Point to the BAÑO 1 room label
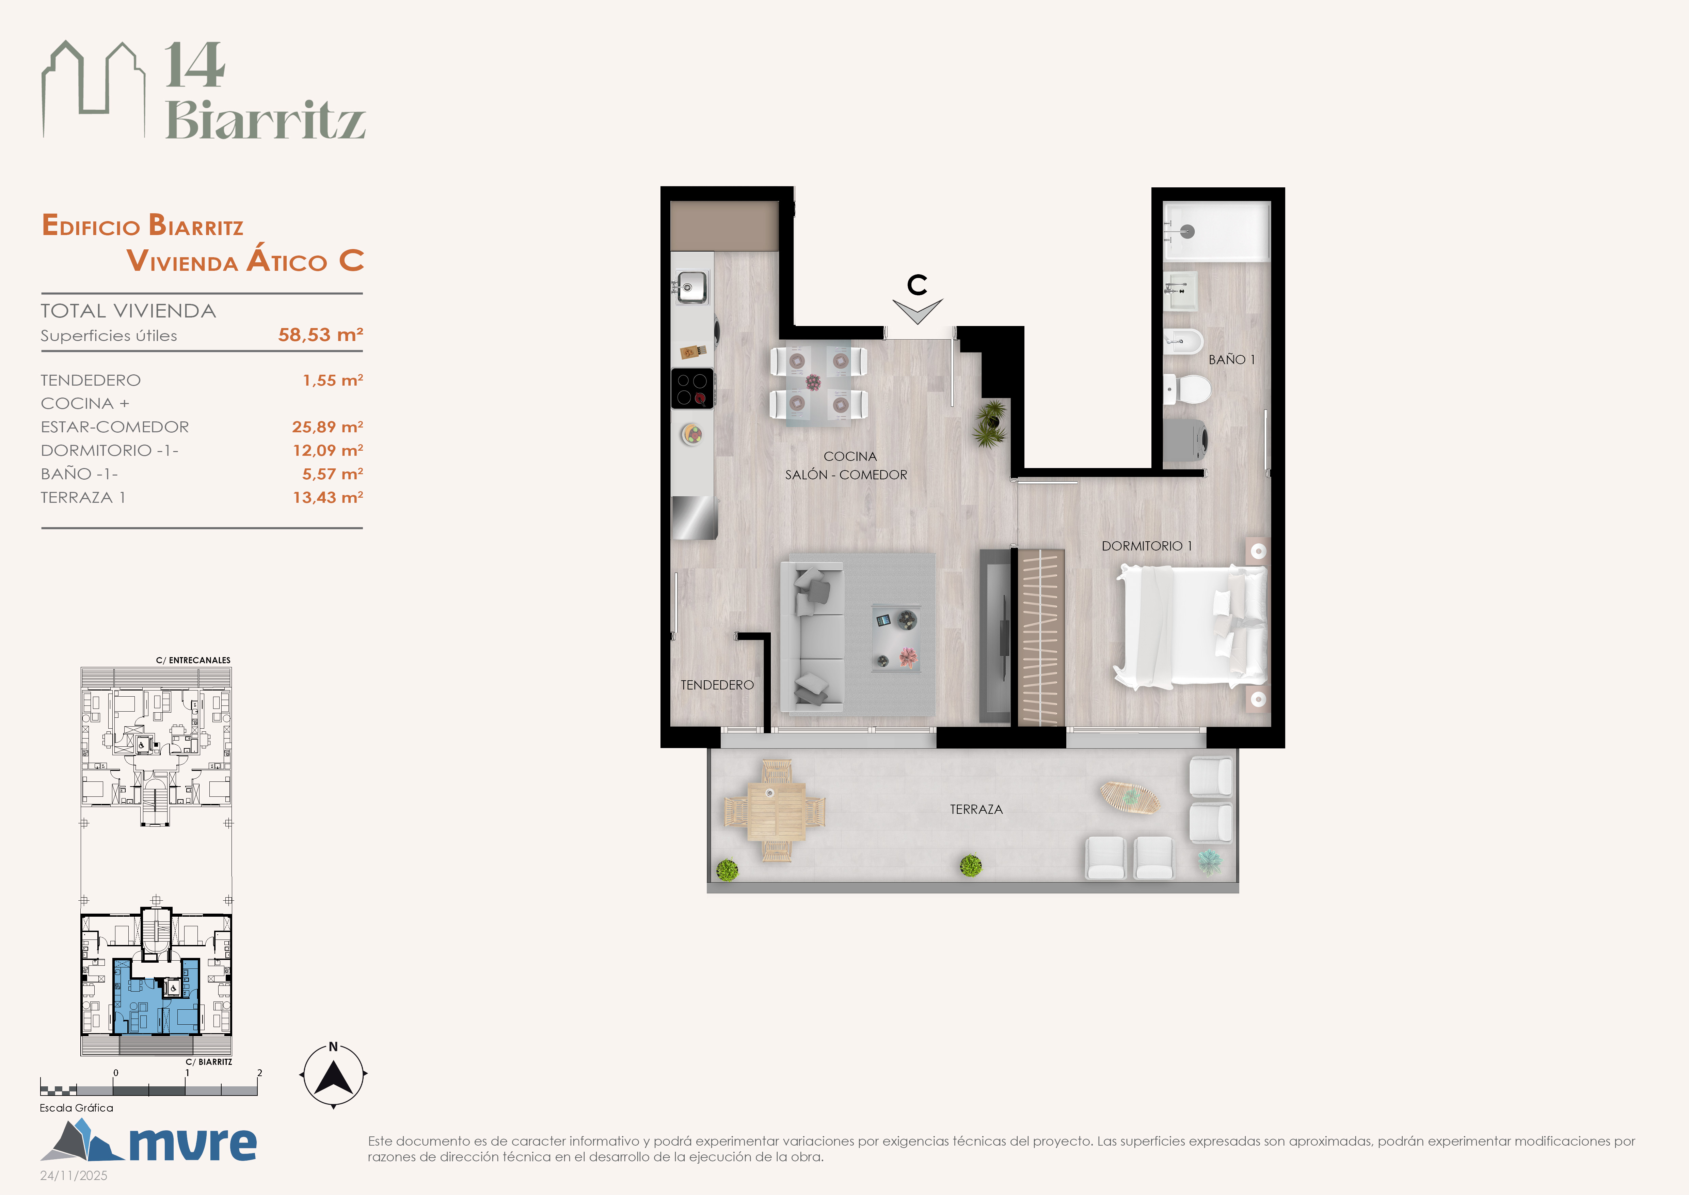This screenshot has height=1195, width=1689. pos(1231,360)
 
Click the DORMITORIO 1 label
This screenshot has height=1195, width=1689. pos(1146,546)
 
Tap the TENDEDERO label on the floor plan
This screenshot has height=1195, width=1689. pos(717,685)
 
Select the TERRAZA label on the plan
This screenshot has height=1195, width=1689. pos(976,809)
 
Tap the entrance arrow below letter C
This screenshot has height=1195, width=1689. pos(917,311)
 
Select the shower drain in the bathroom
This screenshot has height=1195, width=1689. pos(1187,231)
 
